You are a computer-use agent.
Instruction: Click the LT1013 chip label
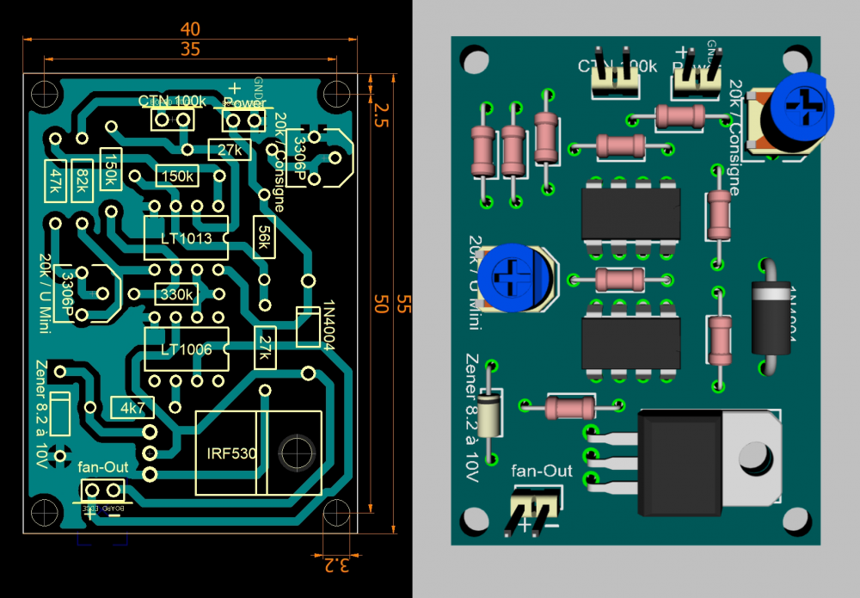coord(187,238)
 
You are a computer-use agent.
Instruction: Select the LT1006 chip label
coord(187,348)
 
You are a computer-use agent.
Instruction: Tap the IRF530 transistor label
coord(231,453)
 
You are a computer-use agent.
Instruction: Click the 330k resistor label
coord(176,294)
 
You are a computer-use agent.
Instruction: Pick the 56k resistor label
coord(263,237)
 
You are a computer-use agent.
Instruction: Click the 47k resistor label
coord(56,181)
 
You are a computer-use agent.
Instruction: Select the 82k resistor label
coord(82,181)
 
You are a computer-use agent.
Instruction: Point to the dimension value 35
coord(190,49)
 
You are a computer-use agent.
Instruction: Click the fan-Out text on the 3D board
coord(541,471)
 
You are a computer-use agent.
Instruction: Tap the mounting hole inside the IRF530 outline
coord(295,449)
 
